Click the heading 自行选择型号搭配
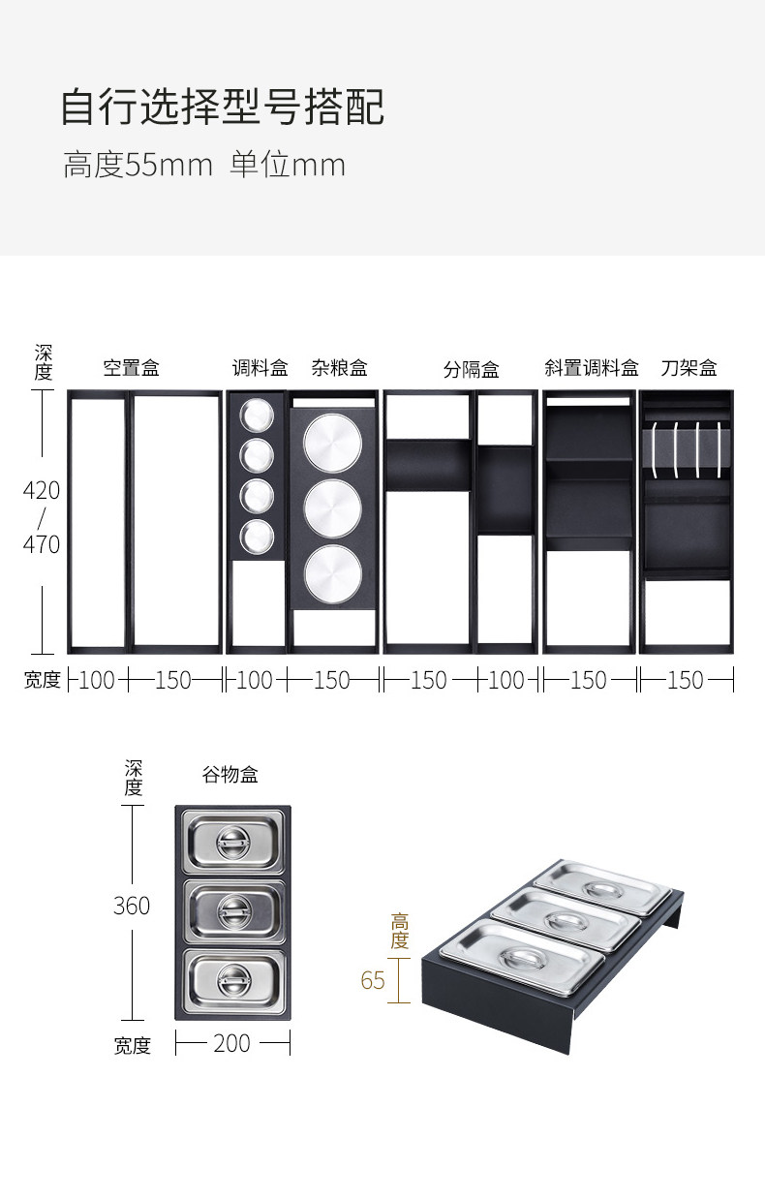(x=223, y=108)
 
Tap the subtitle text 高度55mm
(x=138, y=165)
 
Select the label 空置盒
(x=132, y=368)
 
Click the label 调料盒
(x=260, y=368)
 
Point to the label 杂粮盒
(x=340, y=368)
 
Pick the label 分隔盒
(x=472, y=369)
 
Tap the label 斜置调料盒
(x=592, y=368)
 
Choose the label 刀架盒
(x=688, y=368)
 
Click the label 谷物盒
(x=229, y=775)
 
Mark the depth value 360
(x=132, y=906)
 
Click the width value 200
(x=232, y=1043)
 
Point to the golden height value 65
(x=373, y=980)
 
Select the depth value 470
(x=42, y=545)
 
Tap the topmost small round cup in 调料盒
(x=257, y=415)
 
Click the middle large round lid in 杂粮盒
(x=333, y=508)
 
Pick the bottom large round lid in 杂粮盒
(x=333, y=573)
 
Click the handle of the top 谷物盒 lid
(x=233, y=843)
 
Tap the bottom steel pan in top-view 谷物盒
(x=233, y=981)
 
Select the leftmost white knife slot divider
(x=655, y=449)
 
